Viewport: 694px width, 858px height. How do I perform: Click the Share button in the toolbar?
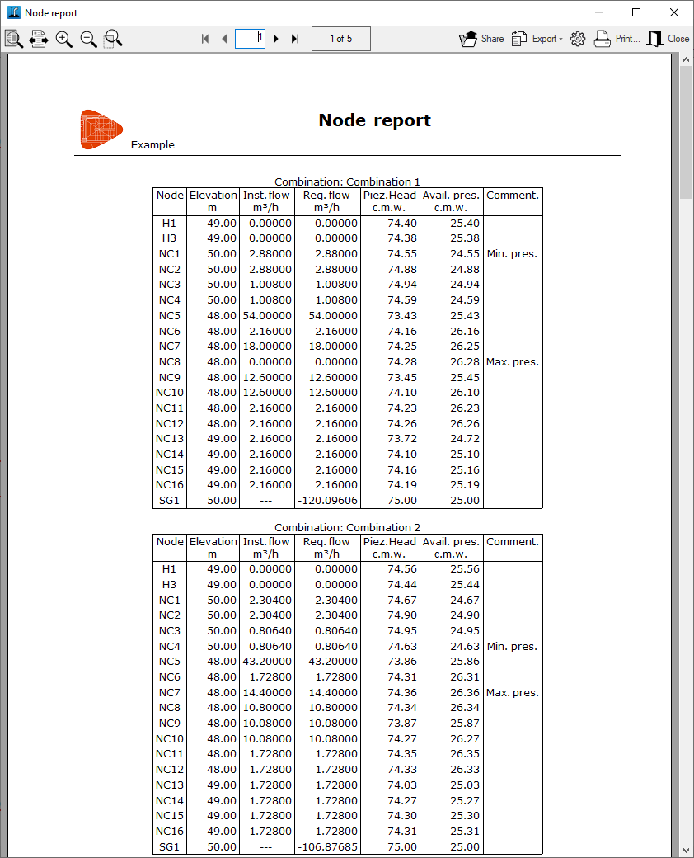tap(481, 39)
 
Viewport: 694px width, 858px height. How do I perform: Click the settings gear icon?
tap(577, 39)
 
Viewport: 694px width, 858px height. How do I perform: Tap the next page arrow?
tap(276, 39)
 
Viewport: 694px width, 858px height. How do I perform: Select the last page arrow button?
tap(295, 39)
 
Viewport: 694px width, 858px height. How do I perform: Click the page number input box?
tap(250, 39)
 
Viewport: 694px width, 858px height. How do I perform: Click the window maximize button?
tap(635, 12)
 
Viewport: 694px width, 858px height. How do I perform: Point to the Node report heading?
tap(374, 120)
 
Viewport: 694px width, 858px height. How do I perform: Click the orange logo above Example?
tap(101, 130)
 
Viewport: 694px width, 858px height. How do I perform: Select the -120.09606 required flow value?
tap(327, 501)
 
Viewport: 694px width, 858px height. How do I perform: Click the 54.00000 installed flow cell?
tap(267, 316)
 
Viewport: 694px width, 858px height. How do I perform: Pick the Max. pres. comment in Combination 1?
tap(512, 362)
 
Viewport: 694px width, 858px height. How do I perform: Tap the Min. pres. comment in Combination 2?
tap(512, 647)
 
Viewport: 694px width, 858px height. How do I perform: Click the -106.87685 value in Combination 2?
tap(327, 847)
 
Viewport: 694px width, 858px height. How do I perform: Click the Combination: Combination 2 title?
tap(347, 528)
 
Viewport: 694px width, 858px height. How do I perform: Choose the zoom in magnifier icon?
tap(64, 39)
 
